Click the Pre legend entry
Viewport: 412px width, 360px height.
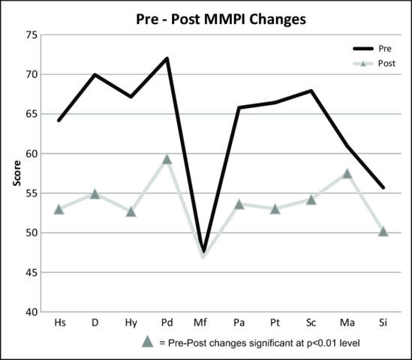point(373,48)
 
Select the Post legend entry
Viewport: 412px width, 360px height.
point(374,65)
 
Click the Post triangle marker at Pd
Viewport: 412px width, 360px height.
point(167,159)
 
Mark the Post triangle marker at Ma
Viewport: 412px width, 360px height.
point(347,173)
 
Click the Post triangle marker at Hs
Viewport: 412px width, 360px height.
point(59,208)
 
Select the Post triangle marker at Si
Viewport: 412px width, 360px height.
point(383,231)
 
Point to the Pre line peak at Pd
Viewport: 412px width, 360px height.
point(167,58)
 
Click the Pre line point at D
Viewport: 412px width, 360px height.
point(95,74)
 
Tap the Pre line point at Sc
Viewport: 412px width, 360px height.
point(311,91)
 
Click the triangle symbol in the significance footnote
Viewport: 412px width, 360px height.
point(148,342)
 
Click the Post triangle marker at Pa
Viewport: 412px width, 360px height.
point(239,204)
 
